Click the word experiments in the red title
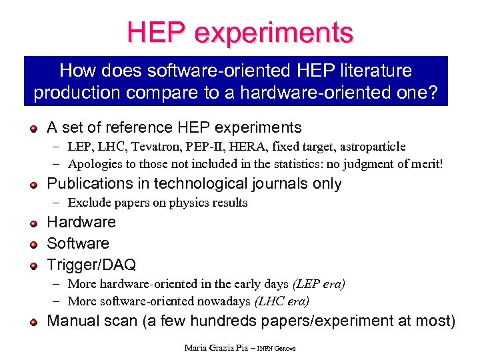pyautogui.click(x=278, y=33)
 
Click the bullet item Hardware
pyautogui.click(x=81, y=222)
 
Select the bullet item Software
pyautogui.click(x=78, y=243)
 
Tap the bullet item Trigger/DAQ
pyautogui.click(x=91, y=265)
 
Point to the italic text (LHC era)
pyautogui.click(x=282, y=301)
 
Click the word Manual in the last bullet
pyautogui.click(x=75, y=321)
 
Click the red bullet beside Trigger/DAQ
pyautogui.click(x=33, y=266)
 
